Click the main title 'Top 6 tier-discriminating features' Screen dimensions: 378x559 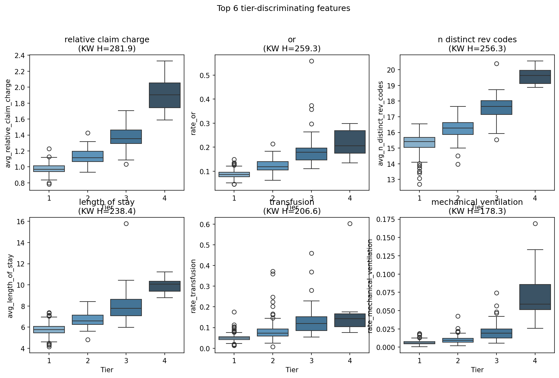[283, 8]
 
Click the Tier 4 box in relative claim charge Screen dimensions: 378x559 [165, 95]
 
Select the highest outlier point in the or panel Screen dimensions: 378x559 [311, 61]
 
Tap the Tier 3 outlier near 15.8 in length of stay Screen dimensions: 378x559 [126, 224]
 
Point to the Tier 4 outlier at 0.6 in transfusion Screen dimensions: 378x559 [350, 224]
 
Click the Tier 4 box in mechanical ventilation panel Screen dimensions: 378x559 [535, 297]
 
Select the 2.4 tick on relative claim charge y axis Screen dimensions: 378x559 [20, 56]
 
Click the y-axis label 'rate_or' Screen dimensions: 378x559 [193, 123]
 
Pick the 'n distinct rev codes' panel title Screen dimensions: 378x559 [477, 40]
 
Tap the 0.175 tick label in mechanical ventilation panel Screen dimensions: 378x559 [389, 220]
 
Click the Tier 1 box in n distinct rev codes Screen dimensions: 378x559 [419, 142]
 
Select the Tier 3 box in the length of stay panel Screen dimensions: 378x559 [126, 307]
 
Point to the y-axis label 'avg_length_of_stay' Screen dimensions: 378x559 [10, 286]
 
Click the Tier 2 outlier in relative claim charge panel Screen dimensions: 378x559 [88, 133]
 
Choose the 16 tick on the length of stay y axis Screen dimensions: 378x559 [21, 222]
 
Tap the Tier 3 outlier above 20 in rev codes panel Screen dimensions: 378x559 [496, 64]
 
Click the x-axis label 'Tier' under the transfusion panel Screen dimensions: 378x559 [292, 370]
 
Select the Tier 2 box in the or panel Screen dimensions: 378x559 [273, 166]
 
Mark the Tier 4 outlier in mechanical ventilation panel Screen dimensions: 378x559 [535, 224]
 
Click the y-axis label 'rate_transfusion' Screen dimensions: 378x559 [193, 286]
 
